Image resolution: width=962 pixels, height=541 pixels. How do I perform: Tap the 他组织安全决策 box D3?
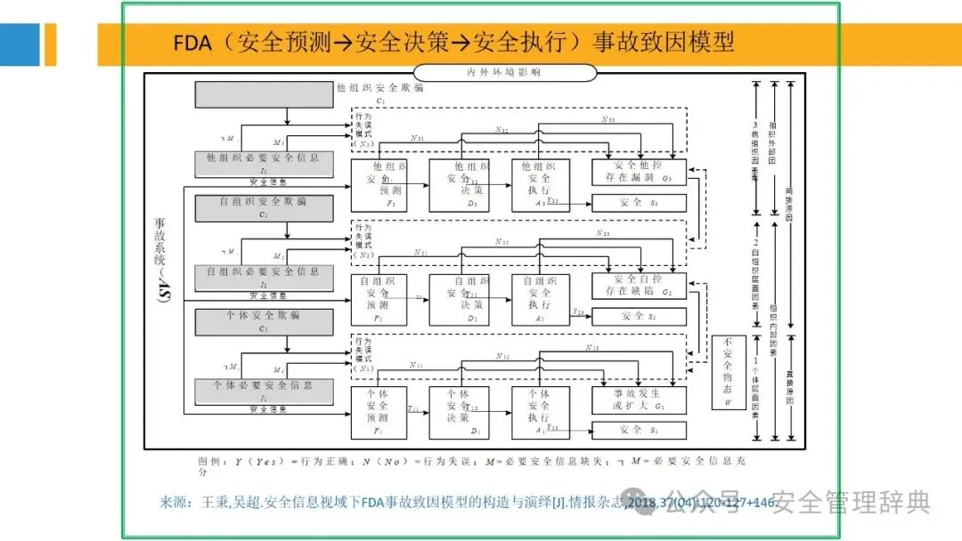460,185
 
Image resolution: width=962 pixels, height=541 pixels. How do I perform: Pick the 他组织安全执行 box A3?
540,185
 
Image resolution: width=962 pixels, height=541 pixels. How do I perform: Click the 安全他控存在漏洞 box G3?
639,172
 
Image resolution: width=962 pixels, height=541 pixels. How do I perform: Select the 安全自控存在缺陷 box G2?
639,285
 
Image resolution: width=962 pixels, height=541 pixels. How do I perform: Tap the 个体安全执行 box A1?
540,412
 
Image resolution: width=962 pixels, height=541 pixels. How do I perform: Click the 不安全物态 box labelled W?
728,373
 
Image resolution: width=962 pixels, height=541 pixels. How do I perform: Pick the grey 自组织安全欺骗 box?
251,207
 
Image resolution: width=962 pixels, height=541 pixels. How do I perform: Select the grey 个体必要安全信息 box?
251,390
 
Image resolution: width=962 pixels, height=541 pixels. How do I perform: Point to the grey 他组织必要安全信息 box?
251,162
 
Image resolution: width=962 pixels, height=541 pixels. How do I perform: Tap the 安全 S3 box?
639,203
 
